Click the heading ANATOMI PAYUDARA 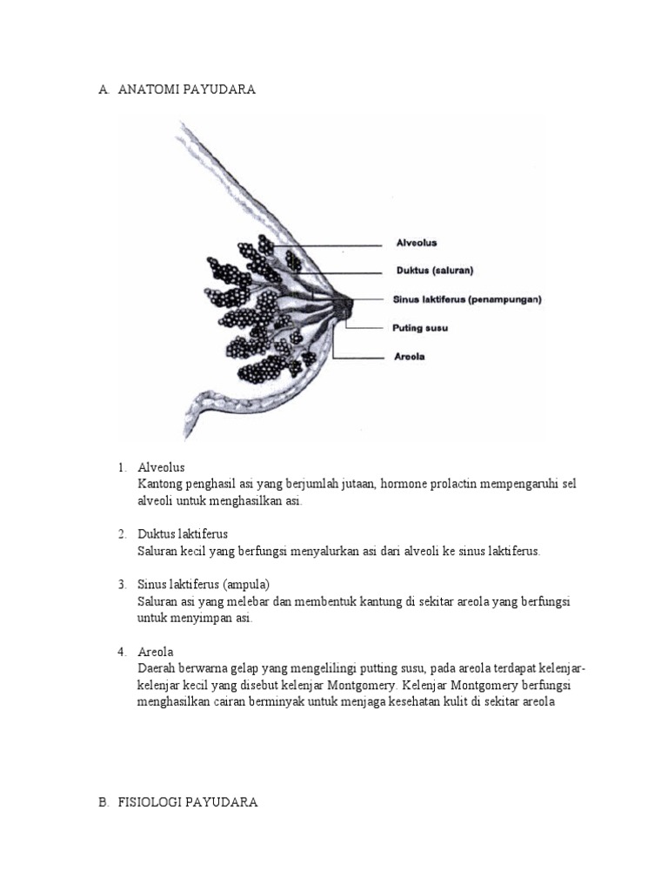click(x=187, y=90)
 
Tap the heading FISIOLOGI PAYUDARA click(x=188, y=802)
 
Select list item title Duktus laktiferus click(x=183, y=533)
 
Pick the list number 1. click(x=122, y=467)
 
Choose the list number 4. click(x=122, y=651)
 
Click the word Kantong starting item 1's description click(x=160, y=484)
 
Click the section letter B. click(x=103, y=802)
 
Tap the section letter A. click(x=103, y=90)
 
